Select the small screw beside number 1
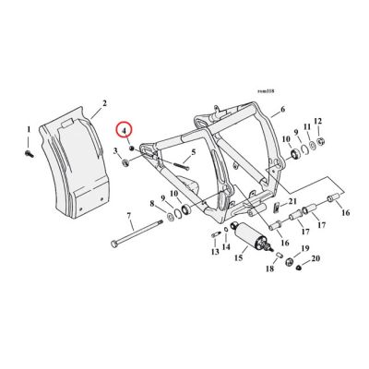click(30, 147)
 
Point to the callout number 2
click(103, 103)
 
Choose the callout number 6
click(281, 108)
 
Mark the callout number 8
click(153, 202)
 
